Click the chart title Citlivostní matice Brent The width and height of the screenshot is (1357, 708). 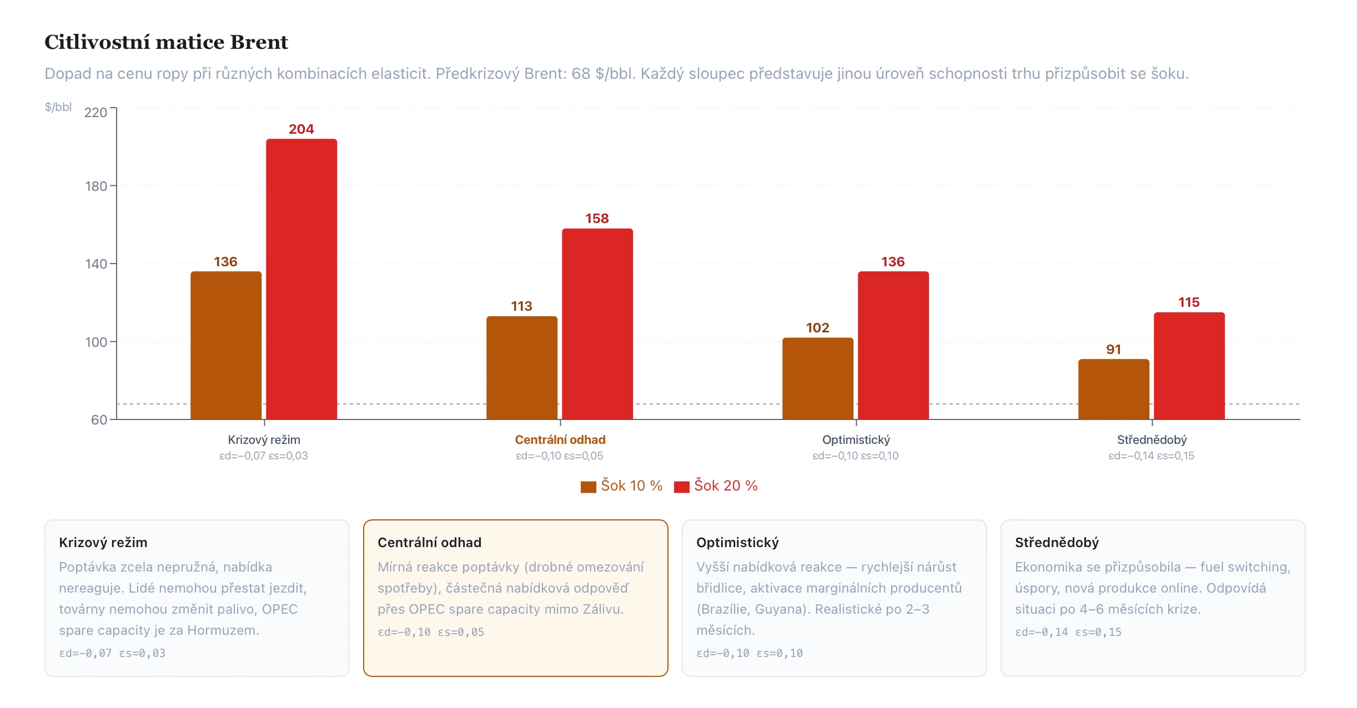[x=166, y=42]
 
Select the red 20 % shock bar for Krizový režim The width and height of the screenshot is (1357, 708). [x=301, y=277]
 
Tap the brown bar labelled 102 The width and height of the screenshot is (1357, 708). [x=817, y=378]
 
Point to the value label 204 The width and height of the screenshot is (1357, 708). [x=301, y=129]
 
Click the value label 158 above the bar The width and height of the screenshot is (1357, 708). [x=597, y=219]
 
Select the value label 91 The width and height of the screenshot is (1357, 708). [x=1113, y=350]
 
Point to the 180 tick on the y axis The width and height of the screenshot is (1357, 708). [x=96, y=186]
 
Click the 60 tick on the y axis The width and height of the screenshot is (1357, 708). [x=99, y=420]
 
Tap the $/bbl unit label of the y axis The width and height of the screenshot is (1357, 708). [x=58, y=107]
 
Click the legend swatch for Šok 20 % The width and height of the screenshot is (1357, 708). [x=681, y=487]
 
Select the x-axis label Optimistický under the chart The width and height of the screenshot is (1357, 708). [x=856, y=440]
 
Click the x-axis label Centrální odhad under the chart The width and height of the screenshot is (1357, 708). [x=560, y=440]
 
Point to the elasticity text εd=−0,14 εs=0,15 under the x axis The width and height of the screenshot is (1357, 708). [x=1151, y=456]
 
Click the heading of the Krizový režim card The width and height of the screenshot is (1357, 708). [x=103, y=543]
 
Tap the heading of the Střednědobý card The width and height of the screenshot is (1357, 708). [x=1057, y=543]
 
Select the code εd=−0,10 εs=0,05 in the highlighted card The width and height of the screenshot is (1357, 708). [x=431, y=632]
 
